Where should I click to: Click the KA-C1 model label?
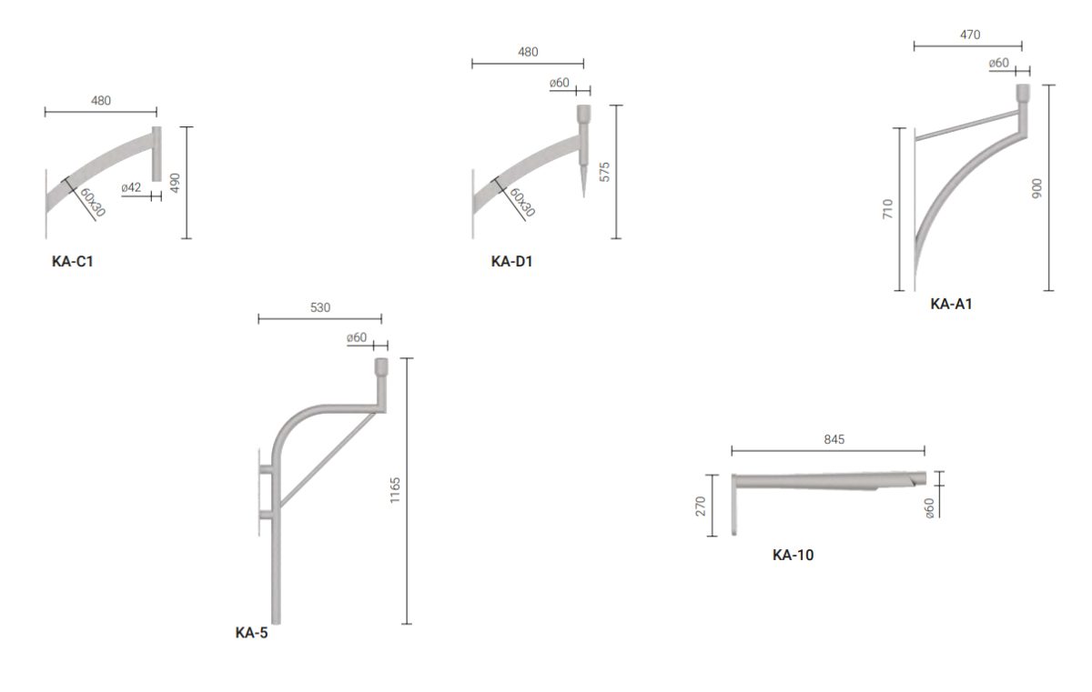72,262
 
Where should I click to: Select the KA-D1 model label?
511,262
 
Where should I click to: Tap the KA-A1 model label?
951,304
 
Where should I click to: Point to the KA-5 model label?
251,633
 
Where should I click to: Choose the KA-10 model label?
794,555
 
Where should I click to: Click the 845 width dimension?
834,439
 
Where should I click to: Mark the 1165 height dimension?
395,490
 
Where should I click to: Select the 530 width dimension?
320,307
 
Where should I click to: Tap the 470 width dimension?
970,35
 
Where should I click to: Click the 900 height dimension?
1036,188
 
